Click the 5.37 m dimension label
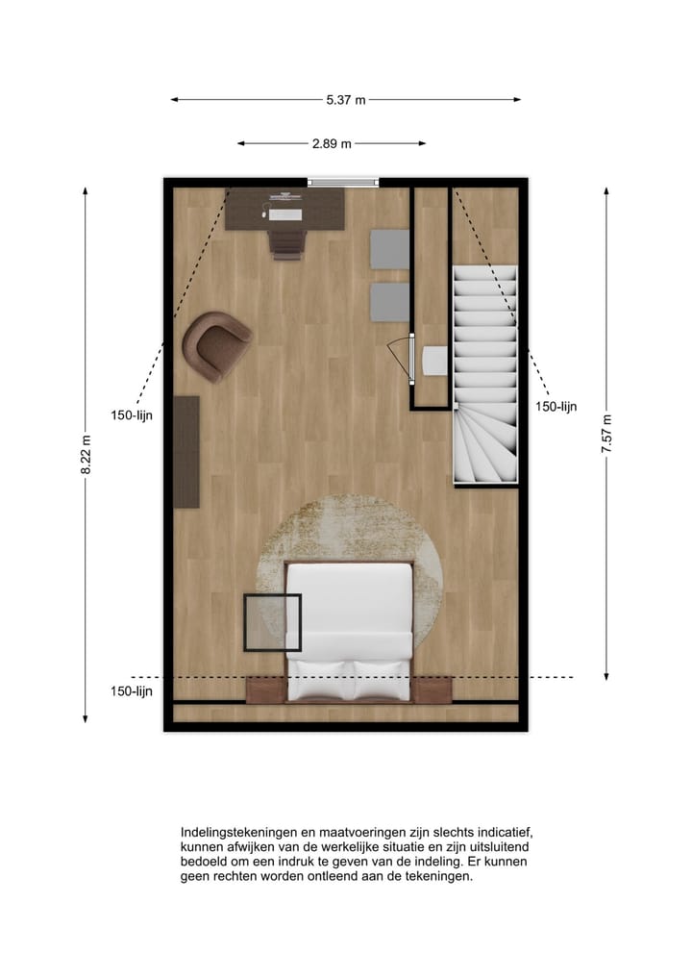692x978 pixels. tap(345, 99)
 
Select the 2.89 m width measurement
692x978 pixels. tap(332, 143)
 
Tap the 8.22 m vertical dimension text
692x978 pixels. tap(86, 455)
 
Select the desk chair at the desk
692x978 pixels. tap(285, 240)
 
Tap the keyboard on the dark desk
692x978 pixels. tap(285, 214)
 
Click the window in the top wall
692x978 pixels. tap(343, 182)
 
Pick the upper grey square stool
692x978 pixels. tap(390, 248)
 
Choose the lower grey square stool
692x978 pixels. tap(390, 302)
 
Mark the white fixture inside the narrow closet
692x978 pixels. tap(433, 361)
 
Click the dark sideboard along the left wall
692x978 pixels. tap(185, 451)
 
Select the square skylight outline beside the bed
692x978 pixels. tap(272, 623)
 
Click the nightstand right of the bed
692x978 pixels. tap(432, 690)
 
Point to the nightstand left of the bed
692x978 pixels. tap(265, 690)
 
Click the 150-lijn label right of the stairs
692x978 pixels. tap(556, 407)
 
